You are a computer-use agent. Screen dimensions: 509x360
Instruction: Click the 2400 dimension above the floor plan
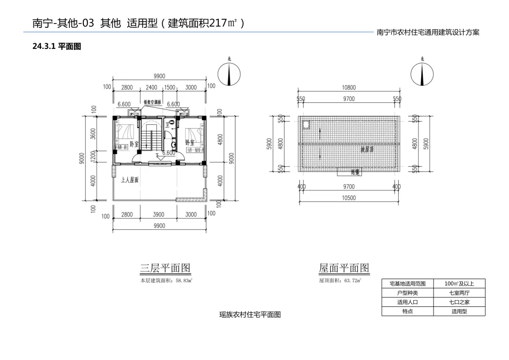pyautogui.click(x=151, y=87)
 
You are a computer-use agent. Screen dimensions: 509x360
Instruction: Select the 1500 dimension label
pyautogui.click(x=170, y=87)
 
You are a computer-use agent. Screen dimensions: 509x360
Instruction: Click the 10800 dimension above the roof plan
pyautogui.click(x=349, y=87)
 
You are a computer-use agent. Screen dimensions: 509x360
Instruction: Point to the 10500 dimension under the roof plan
pyautogui.click(x=349, y=198)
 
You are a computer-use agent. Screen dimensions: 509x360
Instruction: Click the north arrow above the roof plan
pyautogui.click(x=422, y=74)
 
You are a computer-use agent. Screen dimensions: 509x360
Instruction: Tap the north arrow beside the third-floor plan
pyautogui.click(x=229, y=74)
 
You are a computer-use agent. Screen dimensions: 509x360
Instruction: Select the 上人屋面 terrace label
pyautogui.click(x=130, y=180)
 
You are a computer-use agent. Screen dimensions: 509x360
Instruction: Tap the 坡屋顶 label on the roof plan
pyautogui.click(x=367, y=149)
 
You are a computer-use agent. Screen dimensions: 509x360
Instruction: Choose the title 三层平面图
pyautogui.click(x=165, y=268)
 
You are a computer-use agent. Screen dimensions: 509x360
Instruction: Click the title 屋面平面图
pyautogui.click(x=344, y=268)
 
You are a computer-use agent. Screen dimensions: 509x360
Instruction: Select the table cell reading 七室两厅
pyautogui.click(x=459, y=293)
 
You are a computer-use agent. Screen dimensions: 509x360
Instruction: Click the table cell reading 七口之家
pyautogui.click(x=459, y=302)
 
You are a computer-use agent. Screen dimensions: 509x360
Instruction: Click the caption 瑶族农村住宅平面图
pyautogui.click(x=250, y=315)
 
